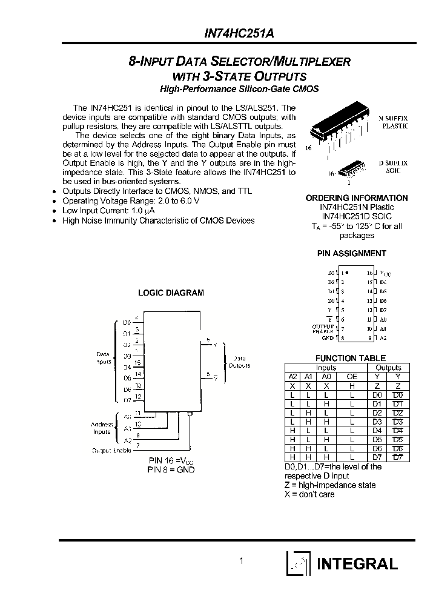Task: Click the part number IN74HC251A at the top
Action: (x=239, y=35)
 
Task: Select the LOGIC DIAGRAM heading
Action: (x=171, y=293)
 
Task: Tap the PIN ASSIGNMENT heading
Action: (x=351, y=253)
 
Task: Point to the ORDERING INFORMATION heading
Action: (x=356, y=198)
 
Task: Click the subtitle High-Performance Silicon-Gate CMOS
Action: (x=239, y=89)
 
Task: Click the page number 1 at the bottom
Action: (x=241, y=561)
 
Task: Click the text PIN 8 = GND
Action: (x=171, y=470)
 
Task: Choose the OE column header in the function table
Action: (x=352, y=376)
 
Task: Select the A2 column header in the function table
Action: (x=293, y=376)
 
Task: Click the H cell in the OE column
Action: (x=352, y=385)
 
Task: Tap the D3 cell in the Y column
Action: (x=378, y=421)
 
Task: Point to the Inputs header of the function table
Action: (x=326, y=368)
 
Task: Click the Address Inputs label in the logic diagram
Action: (x=102, y=428)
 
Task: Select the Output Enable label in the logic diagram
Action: (x=111, y=451)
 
